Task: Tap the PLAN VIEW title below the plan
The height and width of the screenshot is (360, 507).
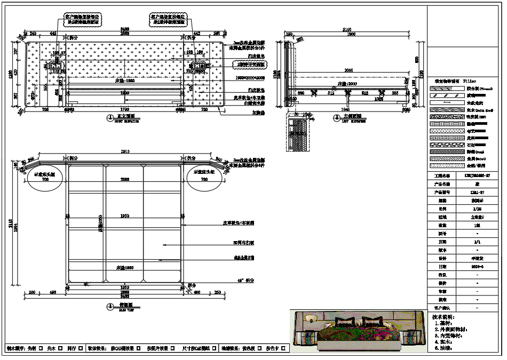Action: pos(125,307)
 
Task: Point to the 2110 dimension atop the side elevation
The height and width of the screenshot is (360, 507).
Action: pos(347,30)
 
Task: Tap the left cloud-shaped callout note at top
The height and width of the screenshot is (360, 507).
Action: pos(82,20)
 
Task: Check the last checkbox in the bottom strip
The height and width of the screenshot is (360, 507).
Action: pos(283,348)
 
